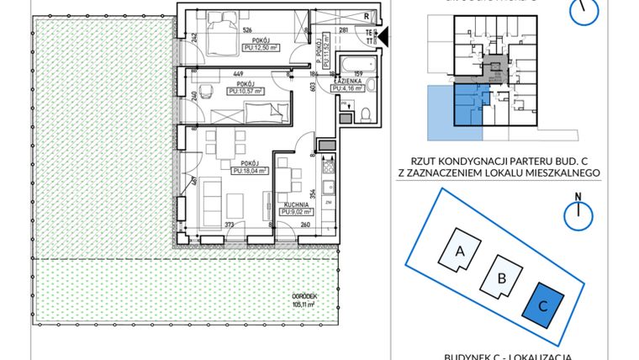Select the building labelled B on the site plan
[x=500, y=277]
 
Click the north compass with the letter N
[x=578, y=213]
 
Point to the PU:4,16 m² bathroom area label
[x=347, y=87]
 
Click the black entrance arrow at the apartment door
[x=381, y=36]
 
